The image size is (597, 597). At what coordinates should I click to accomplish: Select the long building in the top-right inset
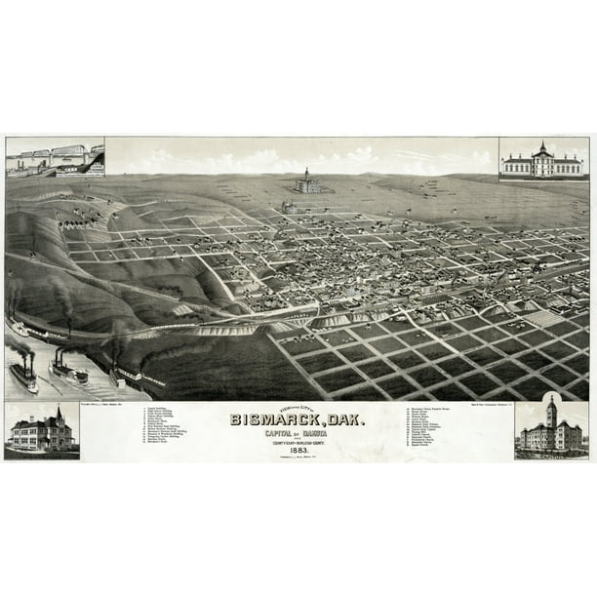541,166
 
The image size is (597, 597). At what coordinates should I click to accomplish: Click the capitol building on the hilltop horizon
306,182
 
